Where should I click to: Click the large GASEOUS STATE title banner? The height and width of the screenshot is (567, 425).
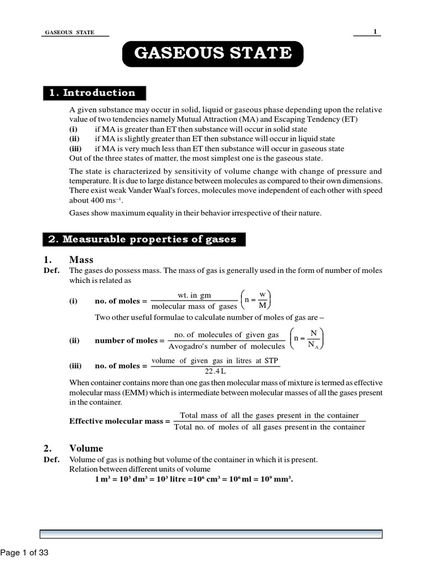(x=213, y=54)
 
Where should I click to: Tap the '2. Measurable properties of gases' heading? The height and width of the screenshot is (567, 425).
(x=143, y=239)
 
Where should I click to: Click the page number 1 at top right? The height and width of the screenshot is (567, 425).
(x=375, y=32)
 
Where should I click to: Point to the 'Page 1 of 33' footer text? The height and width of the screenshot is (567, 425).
(x=25, y=552)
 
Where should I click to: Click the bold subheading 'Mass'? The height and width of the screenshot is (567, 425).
(x=81, y=260)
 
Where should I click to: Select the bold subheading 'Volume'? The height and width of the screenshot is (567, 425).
(x=86, y=448)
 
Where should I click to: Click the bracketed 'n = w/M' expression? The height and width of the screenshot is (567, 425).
(x=256, y=301)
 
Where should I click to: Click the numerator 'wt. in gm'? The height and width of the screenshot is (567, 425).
(x=194, y=296)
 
